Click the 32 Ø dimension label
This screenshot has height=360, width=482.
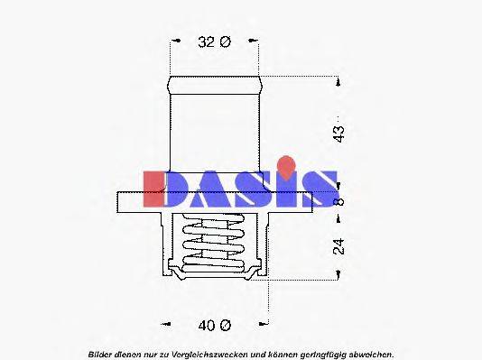click(x=214, y=42)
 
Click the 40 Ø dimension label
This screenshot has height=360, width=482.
click(x=214, y=324)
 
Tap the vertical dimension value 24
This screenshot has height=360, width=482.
click(x=338, y=245)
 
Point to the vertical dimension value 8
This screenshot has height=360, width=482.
click(x=339, y=201)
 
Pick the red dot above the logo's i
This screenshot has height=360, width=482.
click(x=286, y=164)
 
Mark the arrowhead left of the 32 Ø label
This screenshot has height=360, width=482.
click(x=171, y=42)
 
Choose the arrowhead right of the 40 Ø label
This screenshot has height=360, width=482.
click(x=265, y=324)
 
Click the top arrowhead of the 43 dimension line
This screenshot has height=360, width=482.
click(x=340, y=83)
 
